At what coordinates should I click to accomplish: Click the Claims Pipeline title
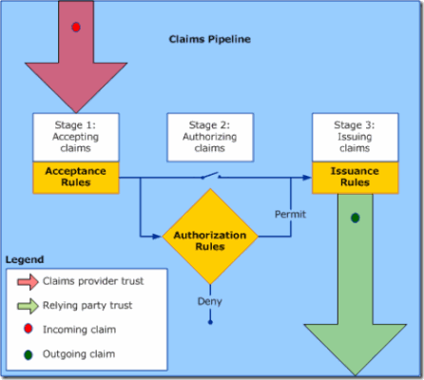click(210, 39)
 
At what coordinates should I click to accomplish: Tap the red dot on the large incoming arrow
click(76, 28)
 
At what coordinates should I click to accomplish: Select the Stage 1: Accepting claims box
click(76, 137)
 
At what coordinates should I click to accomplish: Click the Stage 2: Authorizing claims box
click(210, 137)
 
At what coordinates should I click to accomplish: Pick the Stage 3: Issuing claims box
click(356, 137)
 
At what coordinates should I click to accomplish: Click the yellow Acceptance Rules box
click(76, 178)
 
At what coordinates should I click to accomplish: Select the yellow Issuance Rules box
click(356, 178)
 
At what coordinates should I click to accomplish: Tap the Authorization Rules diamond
click(210, 237)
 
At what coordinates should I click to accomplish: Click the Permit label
click(290, 215)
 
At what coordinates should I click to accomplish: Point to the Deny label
click(210, 301)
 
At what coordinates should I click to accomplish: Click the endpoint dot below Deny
click(210, 322)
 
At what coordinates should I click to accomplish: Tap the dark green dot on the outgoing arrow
click(356, 218)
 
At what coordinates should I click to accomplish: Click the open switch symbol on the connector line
click(210, 175)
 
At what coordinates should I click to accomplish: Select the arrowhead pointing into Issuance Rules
click(307, 178)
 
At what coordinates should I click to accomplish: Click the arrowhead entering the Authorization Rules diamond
click(157, 237)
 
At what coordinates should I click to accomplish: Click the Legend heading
click(25, 259)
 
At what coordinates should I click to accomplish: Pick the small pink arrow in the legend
click(28, 281)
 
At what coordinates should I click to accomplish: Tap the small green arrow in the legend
click(28, 306)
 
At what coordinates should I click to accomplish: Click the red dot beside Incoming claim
click(29, 329)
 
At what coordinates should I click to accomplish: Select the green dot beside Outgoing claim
click(29, 355)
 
